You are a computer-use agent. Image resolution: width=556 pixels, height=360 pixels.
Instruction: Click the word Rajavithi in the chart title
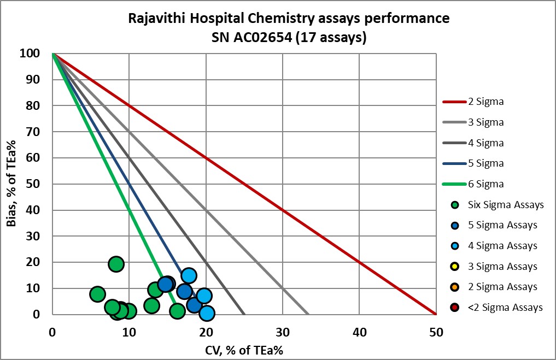(x=155, y=18)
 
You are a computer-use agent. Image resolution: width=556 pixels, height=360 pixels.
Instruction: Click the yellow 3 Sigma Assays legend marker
(x=455, y=267)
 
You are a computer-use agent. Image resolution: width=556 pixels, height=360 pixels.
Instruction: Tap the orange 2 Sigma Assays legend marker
(x=455, y=287)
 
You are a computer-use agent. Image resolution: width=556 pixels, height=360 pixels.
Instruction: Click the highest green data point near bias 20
(x=116, y=264)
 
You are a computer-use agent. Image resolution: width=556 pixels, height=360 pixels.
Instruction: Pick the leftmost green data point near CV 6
(x=97, y=294)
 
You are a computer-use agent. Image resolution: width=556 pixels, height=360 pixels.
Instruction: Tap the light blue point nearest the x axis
(x=207, y=313)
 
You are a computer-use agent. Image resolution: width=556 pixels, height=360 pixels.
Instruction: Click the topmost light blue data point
(x=189, y=275)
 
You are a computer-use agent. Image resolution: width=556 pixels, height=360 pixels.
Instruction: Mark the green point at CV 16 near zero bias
(x=177, y=311)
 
